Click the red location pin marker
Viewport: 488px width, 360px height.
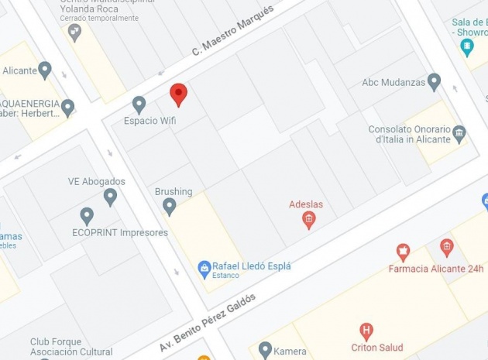[x=179, y=94]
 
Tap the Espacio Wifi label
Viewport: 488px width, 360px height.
[x=150, y=121]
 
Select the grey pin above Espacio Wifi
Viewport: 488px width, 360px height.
[x=139, y=104]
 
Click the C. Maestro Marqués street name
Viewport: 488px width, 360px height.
[x=232, y=32]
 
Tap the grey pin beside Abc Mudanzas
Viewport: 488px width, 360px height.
[x=435, y=81]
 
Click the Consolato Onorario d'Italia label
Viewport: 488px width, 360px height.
[x=409, y=134]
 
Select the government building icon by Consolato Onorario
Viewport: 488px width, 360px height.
[x=459, y=132]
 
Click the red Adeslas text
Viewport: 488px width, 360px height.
[x=306, y=204]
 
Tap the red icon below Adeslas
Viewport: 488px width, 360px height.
[x=308, y=221]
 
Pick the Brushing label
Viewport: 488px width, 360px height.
[x=174, y=192]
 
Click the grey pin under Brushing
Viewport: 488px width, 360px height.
[x=170, y=206]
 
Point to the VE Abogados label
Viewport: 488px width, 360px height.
[x=97, y=182]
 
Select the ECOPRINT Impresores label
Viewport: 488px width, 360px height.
[x=120, y=232]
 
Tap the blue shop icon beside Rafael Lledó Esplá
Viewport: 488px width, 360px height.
[x=204, y=269]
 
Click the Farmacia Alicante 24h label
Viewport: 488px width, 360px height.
[x=436, y=269]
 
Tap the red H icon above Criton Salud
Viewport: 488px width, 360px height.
[x=366, y=331]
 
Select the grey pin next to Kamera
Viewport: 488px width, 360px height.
[x=266, y=350]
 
